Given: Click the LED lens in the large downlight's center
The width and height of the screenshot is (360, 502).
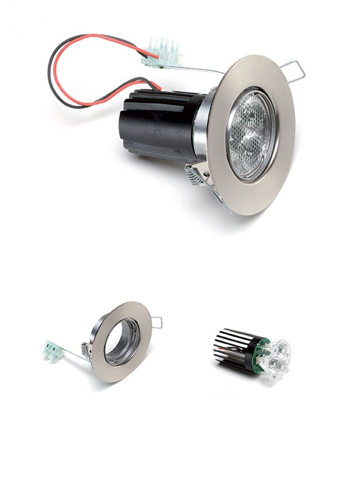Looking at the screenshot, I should tap(251, 134).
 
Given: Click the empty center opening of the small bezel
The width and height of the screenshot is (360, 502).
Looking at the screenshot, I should tap(122, 342).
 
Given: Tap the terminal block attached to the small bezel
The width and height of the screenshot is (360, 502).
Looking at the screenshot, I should tap(52, 351).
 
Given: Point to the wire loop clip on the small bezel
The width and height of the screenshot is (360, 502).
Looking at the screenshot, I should tap(157, 323).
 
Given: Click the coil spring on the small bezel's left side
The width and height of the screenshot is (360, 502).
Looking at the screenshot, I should tap(87, 350).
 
